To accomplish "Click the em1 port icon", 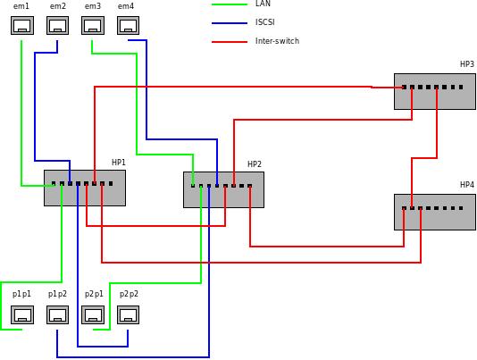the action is [22, 25].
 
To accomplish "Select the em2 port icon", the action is [57, 25].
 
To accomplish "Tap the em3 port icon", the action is [93, 25].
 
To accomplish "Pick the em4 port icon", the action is [128, 25].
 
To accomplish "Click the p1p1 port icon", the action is [22, 314].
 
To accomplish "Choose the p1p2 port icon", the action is [57, 314].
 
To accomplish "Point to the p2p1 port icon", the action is [93, 314].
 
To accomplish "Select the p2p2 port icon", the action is [128, 314].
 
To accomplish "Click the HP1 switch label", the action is [118, 163].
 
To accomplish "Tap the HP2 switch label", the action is [255, 164].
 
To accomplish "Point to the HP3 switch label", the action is [467, 64].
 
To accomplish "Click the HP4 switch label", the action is [467, 184].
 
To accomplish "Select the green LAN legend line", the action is [230, 4].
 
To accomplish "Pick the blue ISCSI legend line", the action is [230, 23].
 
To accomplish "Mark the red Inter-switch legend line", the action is [230, 42].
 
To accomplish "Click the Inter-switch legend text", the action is [277, 41].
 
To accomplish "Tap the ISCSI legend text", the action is [265, 22].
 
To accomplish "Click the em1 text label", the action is [21, 5].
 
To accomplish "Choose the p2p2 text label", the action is [129, 294].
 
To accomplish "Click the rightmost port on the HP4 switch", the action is [461, 208].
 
